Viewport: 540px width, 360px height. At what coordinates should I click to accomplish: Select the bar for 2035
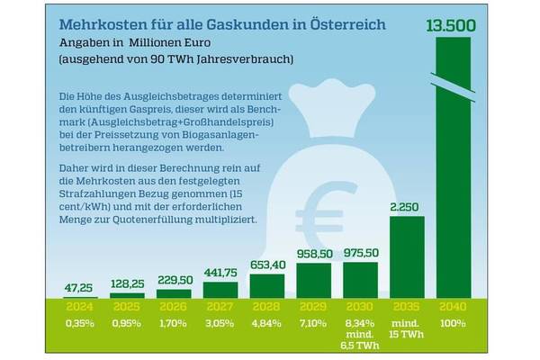pyautogui.click(x=407, y=256)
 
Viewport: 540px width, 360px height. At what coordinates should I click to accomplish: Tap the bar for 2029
pyautogui.click(x=313, y=280)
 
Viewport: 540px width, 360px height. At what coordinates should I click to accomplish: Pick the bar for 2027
pyautogui.click(x=220, y=289)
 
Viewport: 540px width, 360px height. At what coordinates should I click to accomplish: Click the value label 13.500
pyautogui.click(x=454, y=22)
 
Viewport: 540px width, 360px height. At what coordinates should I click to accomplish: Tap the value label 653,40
pyautogui.click(x=267, y=265)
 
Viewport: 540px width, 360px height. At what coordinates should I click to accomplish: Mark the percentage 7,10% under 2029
pyautogui.click(x=313, y=321)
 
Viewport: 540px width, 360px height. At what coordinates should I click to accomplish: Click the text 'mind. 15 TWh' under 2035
pyautogui.click(x=407, y=328)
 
